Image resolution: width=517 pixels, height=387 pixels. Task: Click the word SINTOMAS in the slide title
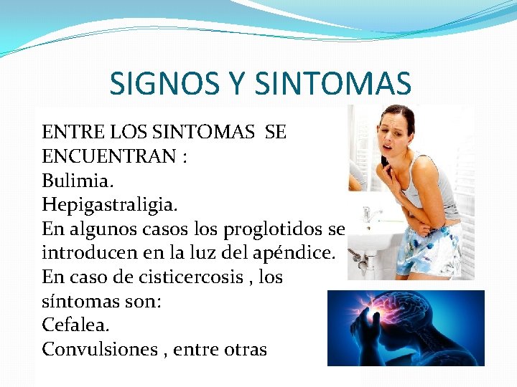tap(333, 83)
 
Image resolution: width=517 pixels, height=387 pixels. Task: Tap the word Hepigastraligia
tap(108, 205)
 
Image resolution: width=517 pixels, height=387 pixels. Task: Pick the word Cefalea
tap(75, 325)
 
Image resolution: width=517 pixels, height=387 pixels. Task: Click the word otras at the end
tap(243, 349)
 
